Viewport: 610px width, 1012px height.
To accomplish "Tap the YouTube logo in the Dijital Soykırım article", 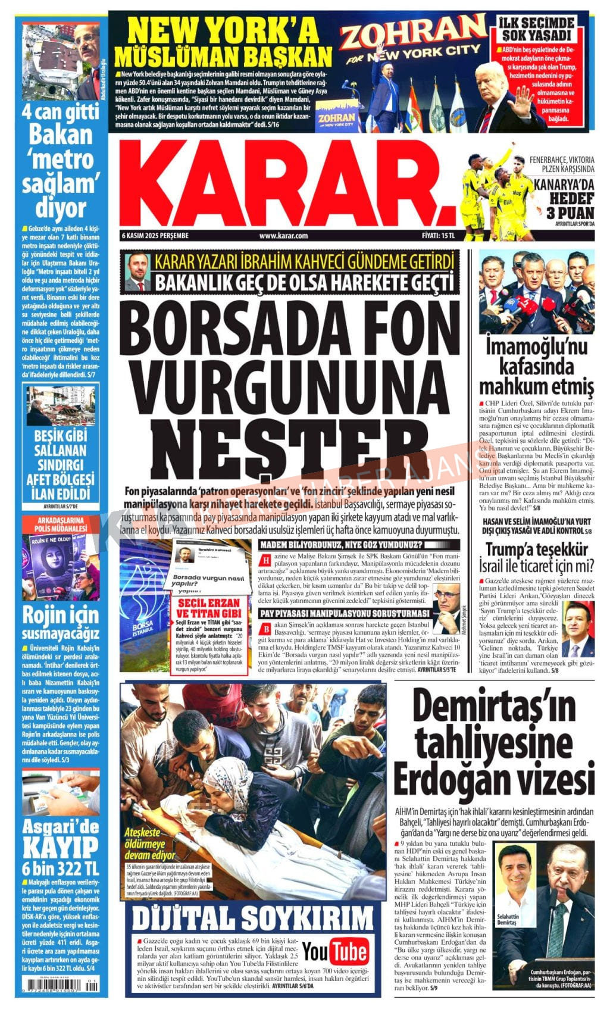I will click(335, 952).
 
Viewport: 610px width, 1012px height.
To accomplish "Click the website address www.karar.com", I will click(283, 236).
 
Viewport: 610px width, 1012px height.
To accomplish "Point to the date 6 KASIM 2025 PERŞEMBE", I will click(155, 236).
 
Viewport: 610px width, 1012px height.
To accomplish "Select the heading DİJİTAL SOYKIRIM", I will click(252, 918).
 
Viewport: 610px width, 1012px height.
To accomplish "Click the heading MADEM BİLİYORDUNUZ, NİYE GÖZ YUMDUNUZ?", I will click(341, 544).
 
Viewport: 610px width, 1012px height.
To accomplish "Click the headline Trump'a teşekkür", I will click(536, 549).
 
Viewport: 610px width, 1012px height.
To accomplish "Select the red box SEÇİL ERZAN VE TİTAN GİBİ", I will click(208, 608).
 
